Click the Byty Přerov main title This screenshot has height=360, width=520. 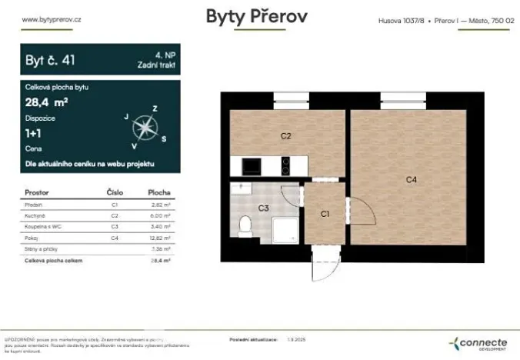coord(257,17)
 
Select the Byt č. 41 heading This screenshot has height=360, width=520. coord(51,58)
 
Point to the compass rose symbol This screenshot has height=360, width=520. coord(144,126)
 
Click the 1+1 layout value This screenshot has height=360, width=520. coord(35,132)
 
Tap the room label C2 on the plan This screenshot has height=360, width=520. coord(285,136)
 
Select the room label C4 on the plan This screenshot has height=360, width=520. coord(412,179)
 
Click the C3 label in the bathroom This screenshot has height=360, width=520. coord(263,208)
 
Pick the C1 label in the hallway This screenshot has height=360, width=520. coord(325,214)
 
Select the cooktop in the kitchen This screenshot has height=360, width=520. coord(285,166)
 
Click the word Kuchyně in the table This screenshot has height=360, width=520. coord(36,217)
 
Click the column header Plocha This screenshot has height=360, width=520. coord(159,192)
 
